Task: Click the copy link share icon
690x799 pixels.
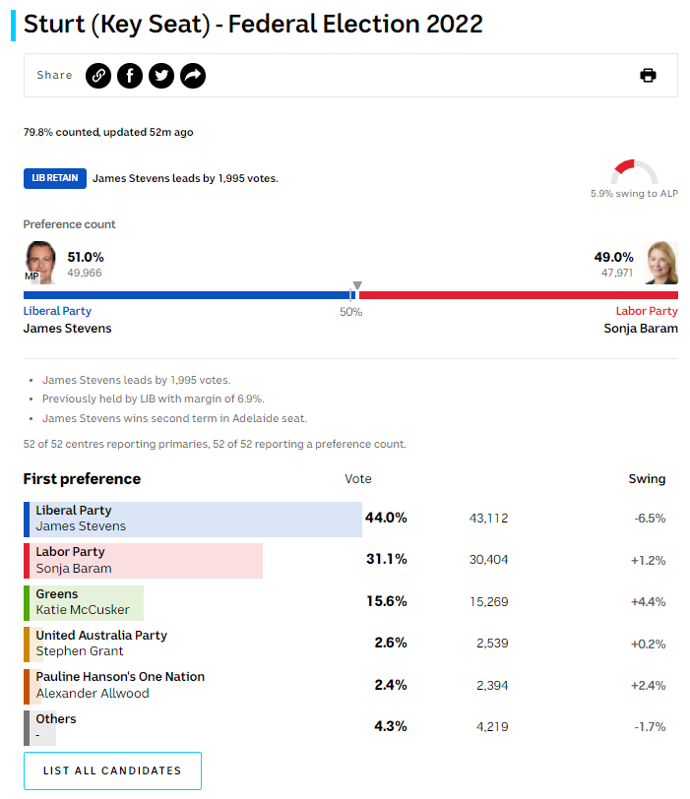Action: pyautogui.click(x=97, y=76)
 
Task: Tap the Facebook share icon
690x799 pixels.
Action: pyautogui.click(x=130, y=76)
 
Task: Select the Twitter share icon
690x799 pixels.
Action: pyautogui.click(x=161, y=76)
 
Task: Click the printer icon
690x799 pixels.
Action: pyautogui.click(x=648, y=76)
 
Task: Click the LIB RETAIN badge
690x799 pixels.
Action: pyautogui.click(x=55, y=178)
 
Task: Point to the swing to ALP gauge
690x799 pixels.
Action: pyautogui.click(x=634, y=172)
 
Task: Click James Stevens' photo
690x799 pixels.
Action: pyautogui.click(x=39, y=262)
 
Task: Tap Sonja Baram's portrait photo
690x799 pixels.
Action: pyautogui.click(x=661, y=262)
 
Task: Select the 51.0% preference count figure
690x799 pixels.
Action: pyautogui.click(x=86, y=257)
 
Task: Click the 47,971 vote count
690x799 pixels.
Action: pyautogui.click(x=617, y=273)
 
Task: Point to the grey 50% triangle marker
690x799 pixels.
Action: pyautogui.click(x=356, y=286)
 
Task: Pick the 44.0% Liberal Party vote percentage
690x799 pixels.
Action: pyautogui.click(x=386, y=518)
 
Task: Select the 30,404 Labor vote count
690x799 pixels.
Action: pyautogui.click(x=488, y=560)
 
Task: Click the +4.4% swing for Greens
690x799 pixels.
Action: pyautogui.click(x=648, y=602)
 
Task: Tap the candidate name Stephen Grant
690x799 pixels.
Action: pyautogui.click(x=80, y=651)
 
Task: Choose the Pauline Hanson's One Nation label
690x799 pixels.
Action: pyautogui.click(x=120, y=677)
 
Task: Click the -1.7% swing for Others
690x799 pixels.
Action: pyautogui.click(x=648, y=727)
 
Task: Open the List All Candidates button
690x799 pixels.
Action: pyautogui.click(x=112, y=770)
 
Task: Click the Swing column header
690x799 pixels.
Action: pyautogui.click(x=647, y=479)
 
